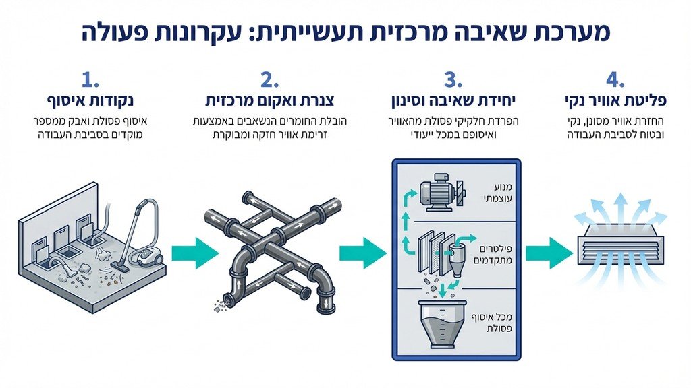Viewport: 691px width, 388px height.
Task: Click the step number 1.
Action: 90,81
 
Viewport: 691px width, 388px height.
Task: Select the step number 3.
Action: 451,81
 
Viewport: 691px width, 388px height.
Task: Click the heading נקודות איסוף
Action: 90,102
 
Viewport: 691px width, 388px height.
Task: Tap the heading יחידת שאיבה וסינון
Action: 451,102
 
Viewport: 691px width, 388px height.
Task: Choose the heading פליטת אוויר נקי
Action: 615,102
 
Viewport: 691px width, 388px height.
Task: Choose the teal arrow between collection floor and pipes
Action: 194,253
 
